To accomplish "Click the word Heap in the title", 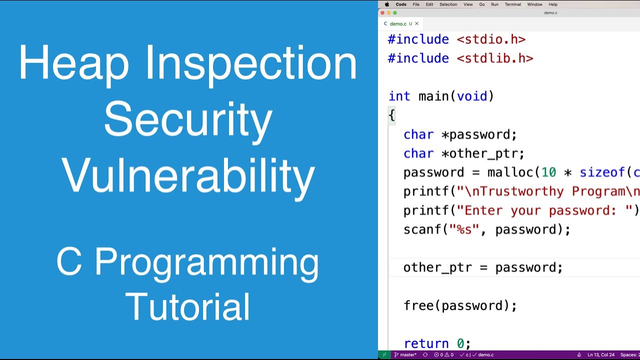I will point(74,64).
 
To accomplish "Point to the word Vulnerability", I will point(188,175).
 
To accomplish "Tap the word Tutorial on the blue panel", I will point(188,306).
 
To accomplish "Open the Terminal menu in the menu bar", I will point(512,4).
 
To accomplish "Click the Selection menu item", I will point(448,4).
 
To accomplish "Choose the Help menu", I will point(553,4).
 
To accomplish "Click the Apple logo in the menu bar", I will point(386,4).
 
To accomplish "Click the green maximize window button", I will point(395,13).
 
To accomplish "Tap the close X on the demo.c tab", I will point(416,23).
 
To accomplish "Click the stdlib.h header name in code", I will point(495,58).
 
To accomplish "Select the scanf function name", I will point(422,229).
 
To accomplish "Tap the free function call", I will point(418,305).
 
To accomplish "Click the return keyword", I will point(426,343).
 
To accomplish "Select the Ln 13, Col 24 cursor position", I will point(600,355).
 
